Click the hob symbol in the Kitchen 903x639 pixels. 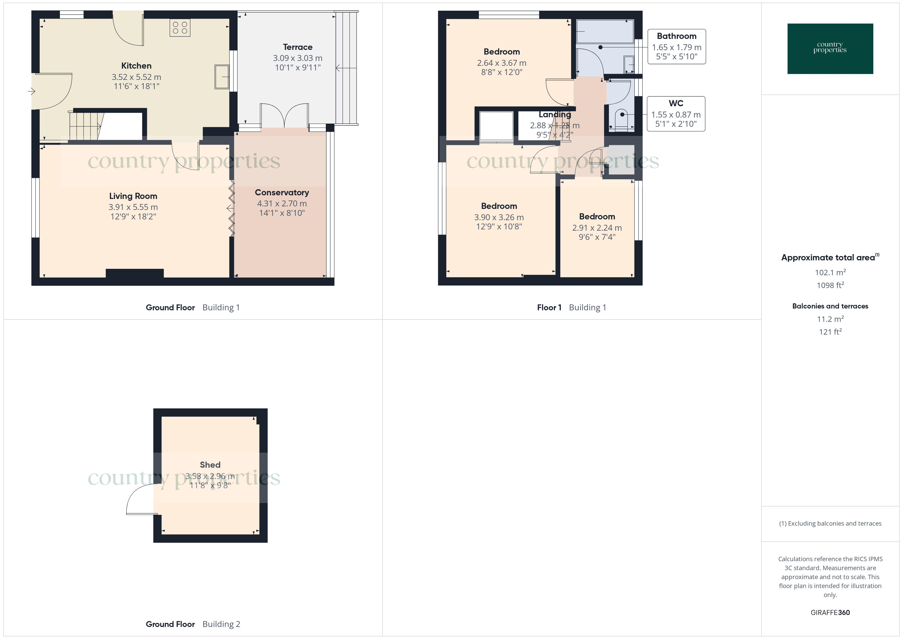180,28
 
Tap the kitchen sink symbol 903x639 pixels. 222,77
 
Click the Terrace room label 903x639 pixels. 297,47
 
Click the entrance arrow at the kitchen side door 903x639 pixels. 32,92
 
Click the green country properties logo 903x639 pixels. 830,49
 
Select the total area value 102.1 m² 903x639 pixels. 830,272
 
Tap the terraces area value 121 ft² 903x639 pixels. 830,332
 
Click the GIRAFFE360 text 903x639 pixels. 830,612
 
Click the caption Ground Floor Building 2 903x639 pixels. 193,624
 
